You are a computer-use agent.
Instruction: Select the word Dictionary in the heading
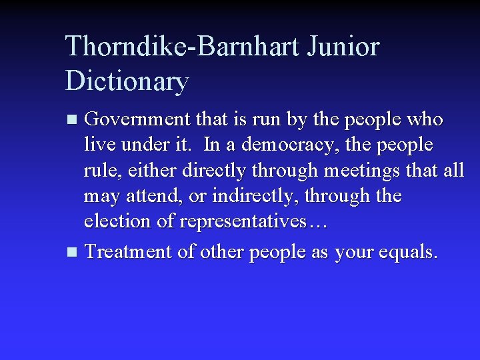pyautogui.click(x=127, y=81)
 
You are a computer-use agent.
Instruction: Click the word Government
pyautogui.click(x=138, y=119)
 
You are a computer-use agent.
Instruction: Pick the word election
pyautogui.click(x=117, y=221)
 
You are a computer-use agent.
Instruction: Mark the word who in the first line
pyautogui.click(x=425, y=119)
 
